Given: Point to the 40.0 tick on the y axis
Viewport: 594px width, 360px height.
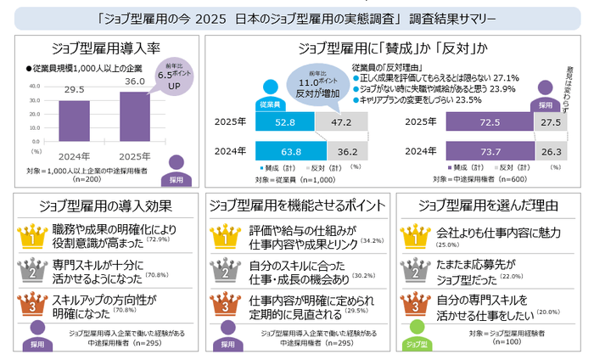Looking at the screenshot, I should [x=36, y=87].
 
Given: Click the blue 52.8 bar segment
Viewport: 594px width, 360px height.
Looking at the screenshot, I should [x=284, y=122].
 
